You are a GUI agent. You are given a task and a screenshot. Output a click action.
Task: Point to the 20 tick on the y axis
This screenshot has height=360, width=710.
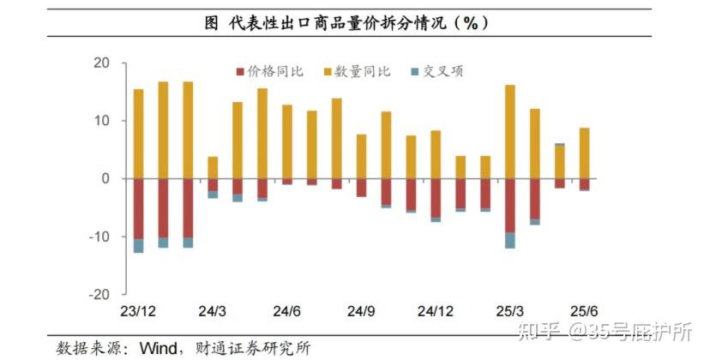point(101,63)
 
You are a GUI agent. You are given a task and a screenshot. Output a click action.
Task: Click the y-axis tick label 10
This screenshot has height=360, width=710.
point(101,121)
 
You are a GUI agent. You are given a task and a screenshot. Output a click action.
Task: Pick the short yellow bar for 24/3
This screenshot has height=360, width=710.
point(213,167)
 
